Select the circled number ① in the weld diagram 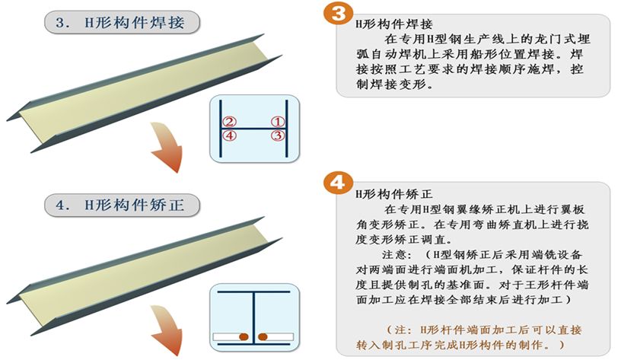pos(278,121)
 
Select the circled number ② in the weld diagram pos(229,121)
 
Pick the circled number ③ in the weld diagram pos(278,135)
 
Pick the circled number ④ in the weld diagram pos(229,135)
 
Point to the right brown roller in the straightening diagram pos(263,335)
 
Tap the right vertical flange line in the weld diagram pos(287,128)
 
